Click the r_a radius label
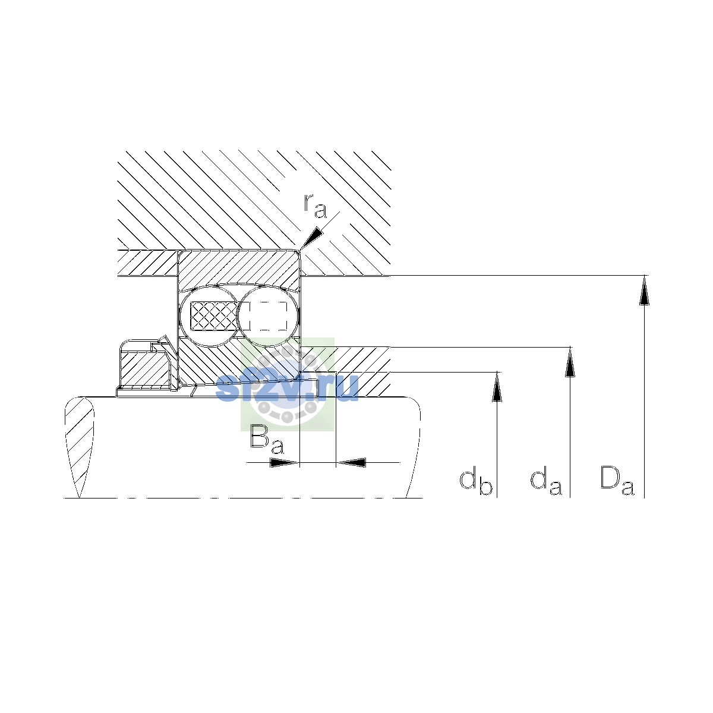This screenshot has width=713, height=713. pos(316,206)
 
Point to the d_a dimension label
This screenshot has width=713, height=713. pos(546,482)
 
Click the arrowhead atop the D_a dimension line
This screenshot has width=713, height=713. pos(644,291)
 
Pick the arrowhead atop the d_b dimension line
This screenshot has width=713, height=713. pos(497,386)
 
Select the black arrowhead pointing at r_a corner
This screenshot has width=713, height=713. pos(311,238)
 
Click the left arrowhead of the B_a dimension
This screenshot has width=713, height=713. pos(284,462)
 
